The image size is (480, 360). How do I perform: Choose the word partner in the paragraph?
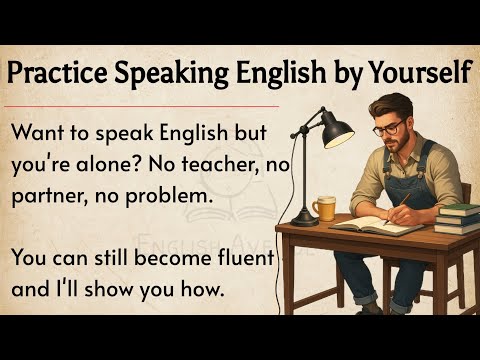point(51,197)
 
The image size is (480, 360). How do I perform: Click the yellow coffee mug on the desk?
point(323,208)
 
